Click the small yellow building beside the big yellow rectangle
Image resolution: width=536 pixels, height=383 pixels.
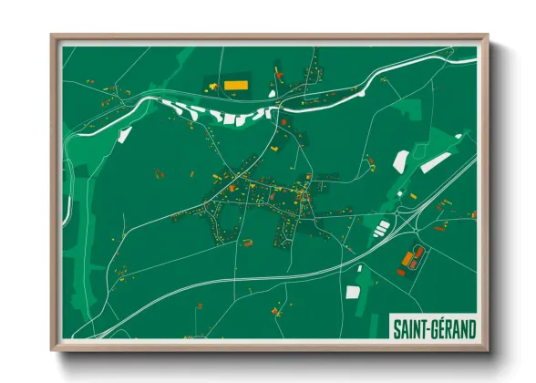pos(213,87)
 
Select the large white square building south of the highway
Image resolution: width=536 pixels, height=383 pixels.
pos(354,294)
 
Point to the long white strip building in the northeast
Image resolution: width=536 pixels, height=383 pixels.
pos(436,163)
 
